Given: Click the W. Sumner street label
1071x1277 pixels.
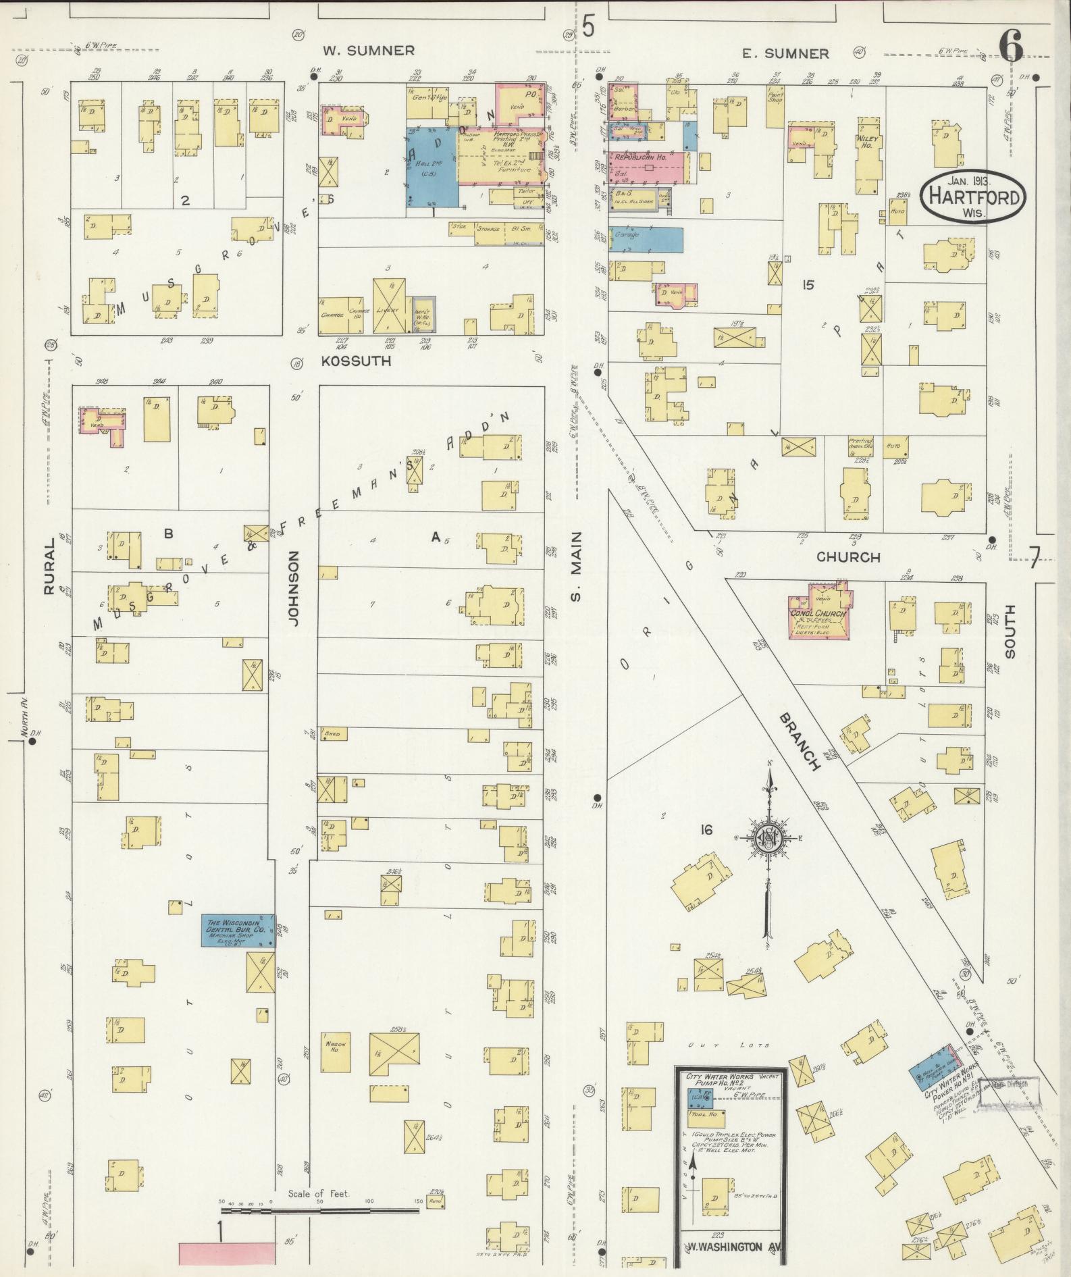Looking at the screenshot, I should tap(368, 51).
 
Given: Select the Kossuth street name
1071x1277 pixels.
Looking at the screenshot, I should tap(356, 361).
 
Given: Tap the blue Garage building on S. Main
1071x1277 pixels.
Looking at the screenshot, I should tap(646, 240).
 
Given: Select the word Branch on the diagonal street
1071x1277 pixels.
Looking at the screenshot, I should tap(798, 741).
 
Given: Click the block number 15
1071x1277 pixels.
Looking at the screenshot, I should tap(807, 284).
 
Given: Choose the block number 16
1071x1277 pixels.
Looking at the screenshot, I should tap(706, 830).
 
